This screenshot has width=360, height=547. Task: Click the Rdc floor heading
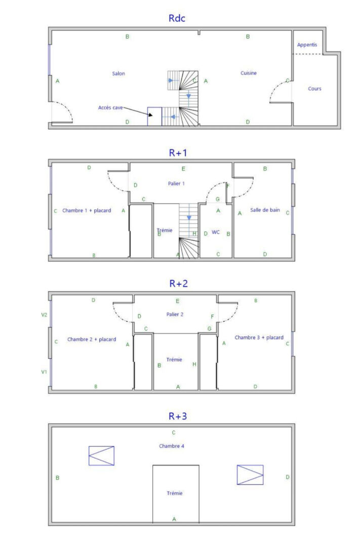tap(177, 18)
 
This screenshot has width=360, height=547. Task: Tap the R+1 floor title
tap(178, 152)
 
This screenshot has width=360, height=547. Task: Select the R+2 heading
tap(178, 283)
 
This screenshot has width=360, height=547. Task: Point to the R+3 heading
tap(178, 416)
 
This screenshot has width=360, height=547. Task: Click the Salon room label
tap(118, 73)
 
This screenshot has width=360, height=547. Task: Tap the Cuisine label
tap(249, 73)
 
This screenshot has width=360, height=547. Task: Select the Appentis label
tap(307, 45)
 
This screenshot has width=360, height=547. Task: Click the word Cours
tap(314, 89)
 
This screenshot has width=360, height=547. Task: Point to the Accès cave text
tap(110, 107)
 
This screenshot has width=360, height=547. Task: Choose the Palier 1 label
tap(176, 183)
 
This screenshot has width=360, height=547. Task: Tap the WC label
tap(216, 232)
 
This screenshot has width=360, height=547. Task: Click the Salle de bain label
tap(265, 210)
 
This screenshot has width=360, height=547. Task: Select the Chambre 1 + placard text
tap(87, 210)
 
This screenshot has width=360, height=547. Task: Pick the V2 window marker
tap(44, 315)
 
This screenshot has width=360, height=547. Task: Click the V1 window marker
tap(44, 372)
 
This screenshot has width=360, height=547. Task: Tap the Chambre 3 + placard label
tap(259, 337)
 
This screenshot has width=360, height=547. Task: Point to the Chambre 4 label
tap(172, 446)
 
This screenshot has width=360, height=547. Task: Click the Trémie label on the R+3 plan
tap(174, 493)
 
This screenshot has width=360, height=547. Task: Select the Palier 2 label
tap(175, 315)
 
